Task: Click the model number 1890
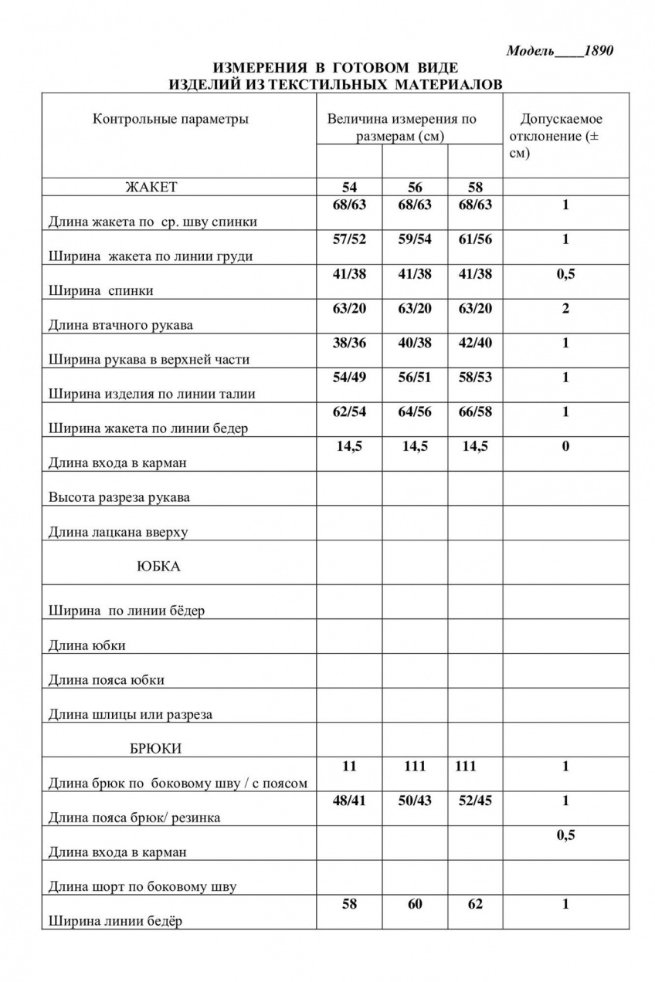(598, 52)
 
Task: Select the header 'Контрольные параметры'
(171, 119)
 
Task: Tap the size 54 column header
(349, 188)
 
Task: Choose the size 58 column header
(475, 188)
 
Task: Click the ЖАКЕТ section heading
(151, 187)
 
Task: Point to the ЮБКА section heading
(158, 566)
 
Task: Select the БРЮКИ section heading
(156, 748)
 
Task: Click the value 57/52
(349, 239)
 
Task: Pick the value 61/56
(475, 239)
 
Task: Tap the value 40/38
(415, 343)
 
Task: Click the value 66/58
(475, 411)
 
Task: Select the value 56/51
(415, 377)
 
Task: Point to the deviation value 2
(565, 309)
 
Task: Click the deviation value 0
(565, 446)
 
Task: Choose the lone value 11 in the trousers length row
(349, 766)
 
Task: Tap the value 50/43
(415, 801)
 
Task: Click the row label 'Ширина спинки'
(101, 291)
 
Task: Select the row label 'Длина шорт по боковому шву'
(142, 886)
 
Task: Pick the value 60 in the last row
(415, 904)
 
